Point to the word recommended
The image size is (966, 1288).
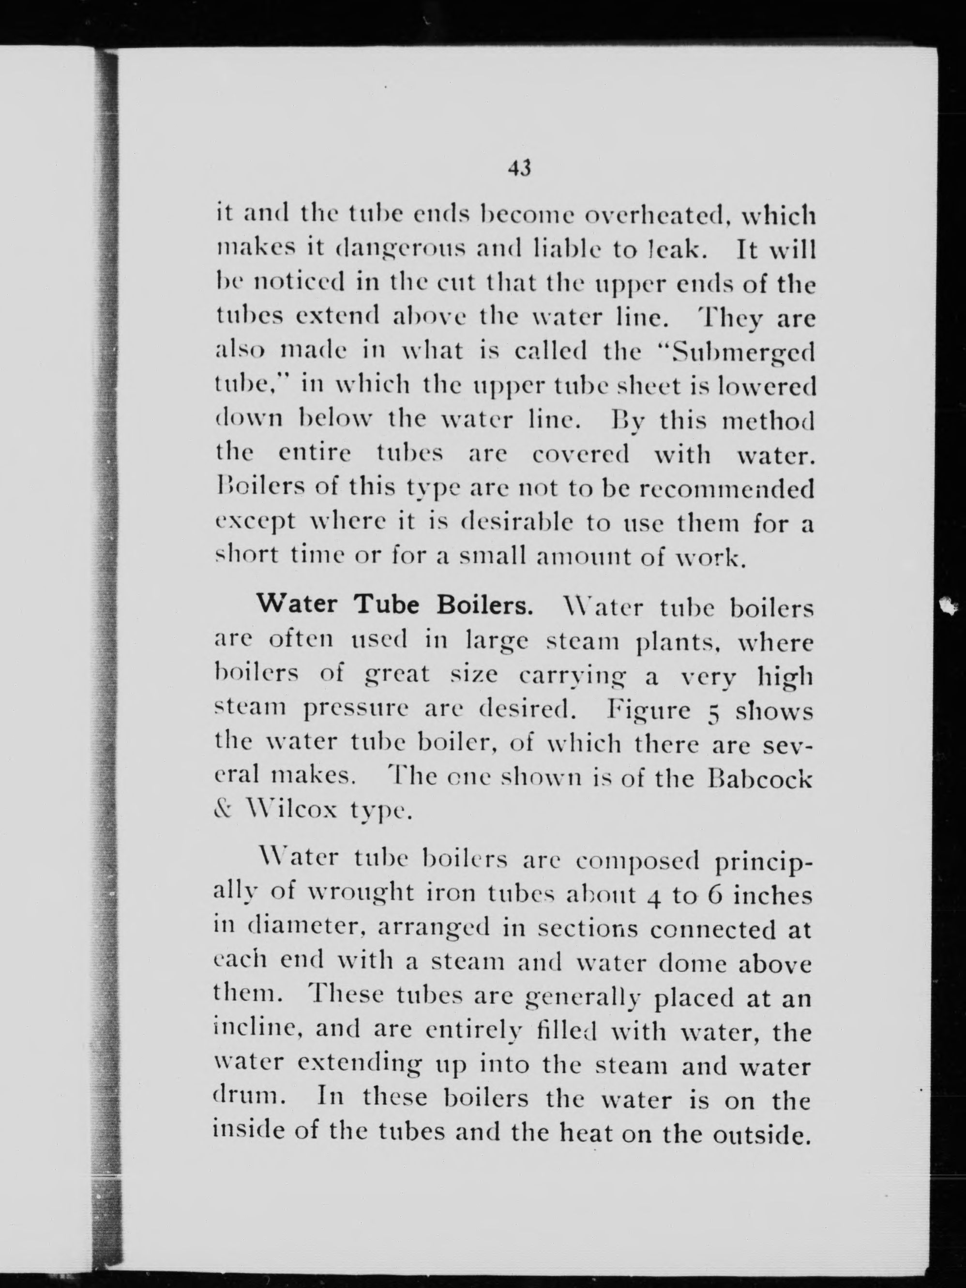pos(726,489)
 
